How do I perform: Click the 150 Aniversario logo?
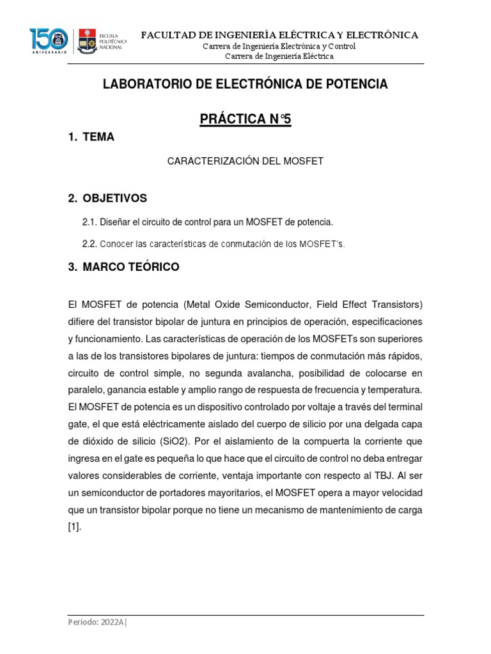click(x=49, y=41)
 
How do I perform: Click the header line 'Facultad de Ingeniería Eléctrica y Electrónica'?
click(x=279, y=34)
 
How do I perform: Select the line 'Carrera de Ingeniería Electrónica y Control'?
click(x=279, y=46)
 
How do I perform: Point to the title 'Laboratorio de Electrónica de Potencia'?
click(x=245, y=84)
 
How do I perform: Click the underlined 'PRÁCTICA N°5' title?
click(x=245, y=119)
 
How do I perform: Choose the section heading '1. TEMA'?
click(x=91, y=137)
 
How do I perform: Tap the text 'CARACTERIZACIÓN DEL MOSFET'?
click(x=245, y=162)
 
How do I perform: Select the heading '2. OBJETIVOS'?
click(x=107, y=198)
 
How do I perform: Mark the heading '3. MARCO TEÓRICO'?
click(x=123, y=268)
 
